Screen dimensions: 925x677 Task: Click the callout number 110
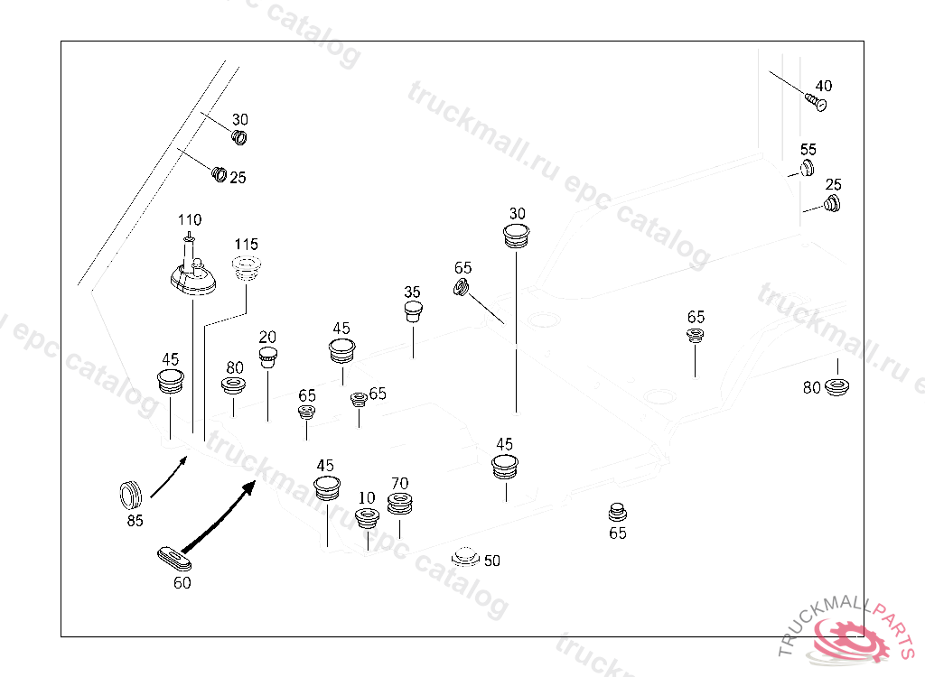click(190, 220)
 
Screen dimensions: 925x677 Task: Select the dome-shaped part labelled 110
click(192, 277)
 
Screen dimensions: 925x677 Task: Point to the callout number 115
click(247, 245)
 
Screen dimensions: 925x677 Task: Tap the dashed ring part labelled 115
click(246, 268)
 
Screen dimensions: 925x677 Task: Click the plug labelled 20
click(268, 357)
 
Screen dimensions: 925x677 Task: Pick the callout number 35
click(412, 292)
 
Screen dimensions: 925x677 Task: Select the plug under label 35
click(413, 312)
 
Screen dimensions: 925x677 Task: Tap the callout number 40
click(823, 86)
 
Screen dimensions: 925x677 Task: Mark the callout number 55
click(808, 150)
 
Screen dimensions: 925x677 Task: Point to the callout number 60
click(182, 583)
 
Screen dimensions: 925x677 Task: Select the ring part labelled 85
click(132, 496)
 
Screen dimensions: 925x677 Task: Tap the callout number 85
click(135, 521)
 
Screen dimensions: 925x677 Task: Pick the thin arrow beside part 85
click(169, 477)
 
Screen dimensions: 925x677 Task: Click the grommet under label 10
click(368, 519)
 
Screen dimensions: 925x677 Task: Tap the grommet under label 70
click(400, 504)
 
